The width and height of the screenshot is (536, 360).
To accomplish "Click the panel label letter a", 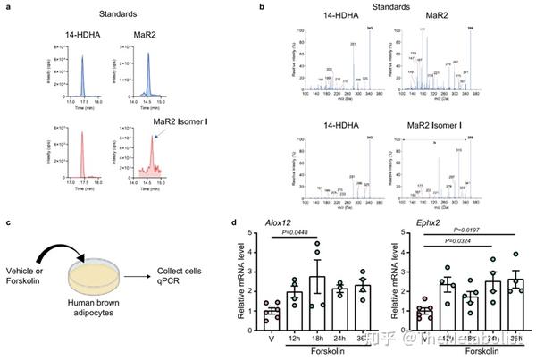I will pos(7,8).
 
